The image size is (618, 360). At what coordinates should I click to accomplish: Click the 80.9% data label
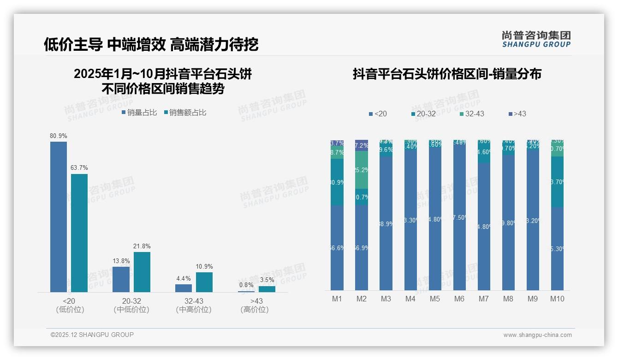(59, 136)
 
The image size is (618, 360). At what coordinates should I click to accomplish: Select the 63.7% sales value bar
(79, 233)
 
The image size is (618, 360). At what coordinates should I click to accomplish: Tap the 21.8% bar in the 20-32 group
(142, 272)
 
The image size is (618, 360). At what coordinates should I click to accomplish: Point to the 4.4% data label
(184, 279)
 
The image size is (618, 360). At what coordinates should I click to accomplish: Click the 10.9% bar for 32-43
(204, 282)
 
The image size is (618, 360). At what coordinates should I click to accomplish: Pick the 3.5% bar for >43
(267, 289)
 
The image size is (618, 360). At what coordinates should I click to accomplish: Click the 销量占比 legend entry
(139, 113)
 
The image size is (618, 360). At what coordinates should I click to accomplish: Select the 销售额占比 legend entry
(185, 113)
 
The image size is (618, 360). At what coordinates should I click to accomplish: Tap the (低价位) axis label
(70, 310)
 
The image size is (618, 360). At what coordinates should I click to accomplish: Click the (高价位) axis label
(254, 310)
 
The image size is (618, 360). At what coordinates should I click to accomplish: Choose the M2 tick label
(362, 299)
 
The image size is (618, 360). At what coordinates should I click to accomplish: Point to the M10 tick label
(557, 299)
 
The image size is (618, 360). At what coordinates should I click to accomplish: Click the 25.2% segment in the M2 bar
(362, 170)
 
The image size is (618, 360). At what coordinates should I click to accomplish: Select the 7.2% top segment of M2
(362, 145)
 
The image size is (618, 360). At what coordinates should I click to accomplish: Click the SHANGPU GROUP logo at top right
(536, 39)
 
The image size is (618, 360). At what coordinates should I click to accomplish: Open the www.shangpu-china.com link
(537, 335)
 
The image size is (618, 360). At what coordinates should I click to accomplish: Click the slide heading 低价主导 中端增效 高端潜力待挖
(151, 44)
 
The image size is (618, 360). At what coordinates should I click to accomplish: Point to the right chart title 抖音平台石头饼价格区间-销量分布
(447, 74)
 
